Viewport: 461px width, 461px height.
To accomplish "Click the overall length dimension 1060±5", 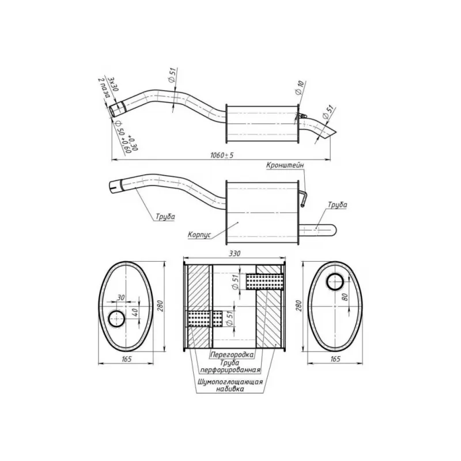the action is [x=222, y=155].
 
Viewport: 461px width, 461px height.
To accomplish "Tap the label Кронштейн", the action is [x=285, y=165].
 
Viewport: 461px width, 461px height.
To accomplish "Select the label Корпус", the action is [x=199, y=235].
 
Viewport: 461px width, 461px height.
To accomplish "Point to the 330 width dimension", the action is [x=235, y=254].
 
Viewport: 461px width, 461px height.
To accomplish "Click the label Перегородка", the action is [x=232, y=354].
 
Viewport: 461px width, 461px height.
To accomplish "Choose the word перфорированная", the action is [x=230, y=369].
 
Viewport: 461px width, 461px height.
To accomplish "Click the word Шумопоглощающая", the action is [x=230, y=382].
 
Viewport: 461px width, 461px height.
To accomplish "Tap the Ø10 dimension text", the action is [x=300, y=88].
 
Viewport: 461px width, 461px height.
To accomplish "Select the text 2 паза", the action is [x=104, y=88].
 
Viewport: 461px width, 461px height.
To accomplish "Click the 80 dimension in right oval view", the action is [x=345, y=297].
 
